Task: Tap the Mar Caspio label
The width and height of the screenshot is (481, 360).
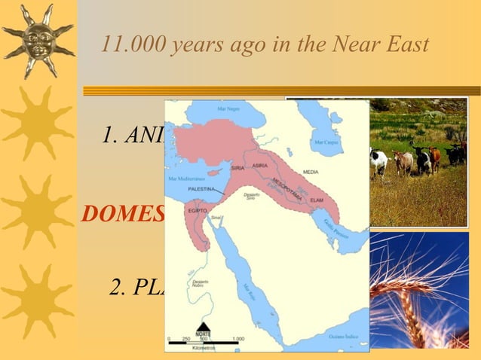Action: click(x=326, y=142)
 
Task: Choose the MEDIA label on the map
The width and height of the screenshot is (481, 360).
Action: click(x=310, y=172)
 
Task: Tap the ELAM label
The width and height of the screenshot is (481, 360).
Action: click(x=317, y=200)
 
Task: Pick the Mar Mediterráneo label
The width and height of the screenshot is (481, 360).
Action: click(x=183, y=179)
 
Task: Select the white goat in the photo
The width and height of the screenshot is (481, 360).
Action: click(x=378, y=160)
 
